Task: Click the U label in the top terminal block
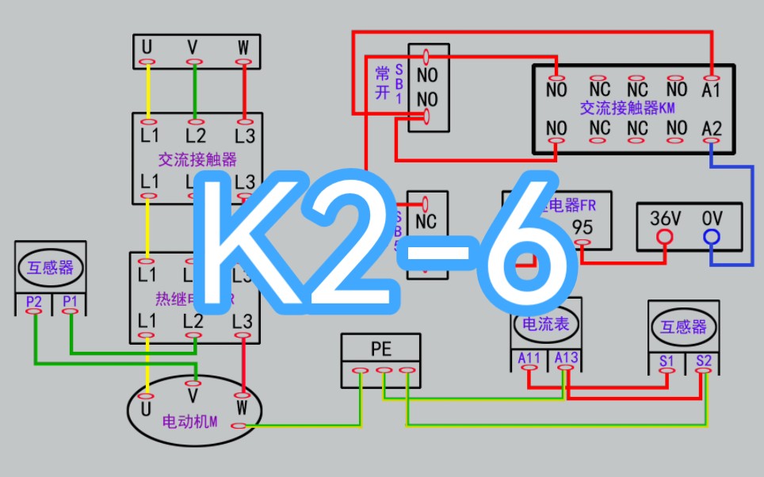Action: click(147, 48)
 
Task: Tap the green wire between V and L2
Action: click(194, 91)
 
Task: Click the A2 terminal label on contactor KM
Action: click(712, 128)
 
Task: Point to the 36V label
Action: click(665, 217)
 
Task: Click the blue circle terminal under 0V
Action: click(712, 236)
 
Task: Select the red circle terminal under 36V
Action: click(665, 236)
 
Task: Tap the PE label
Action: click(381, 348)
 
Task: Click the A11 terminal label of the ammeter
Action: click(529, 358)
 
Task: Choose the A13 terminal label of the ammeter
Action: click(566, 358)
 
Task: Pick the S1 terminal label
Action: click(667, 361)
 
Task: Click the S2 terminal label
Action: click(703, 361)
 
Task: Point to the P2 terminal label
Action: click(34, 301)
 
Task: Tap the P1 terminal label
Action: click(70, 301)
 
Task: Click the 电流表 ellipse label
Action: click(547, 323)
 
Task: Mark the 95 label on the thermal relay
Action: click(583, 227)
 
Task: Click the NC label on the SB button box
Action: click(426, 221)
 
